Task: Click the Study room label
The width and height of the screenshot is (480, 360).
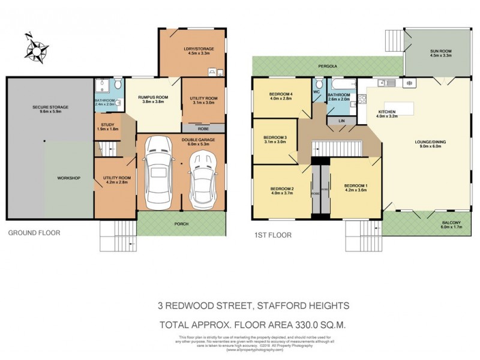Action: pyautogui.click(x=108, y=126)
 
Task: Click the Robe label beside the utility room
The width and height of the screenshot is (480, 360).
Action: pyautogui.click(x=203, y=128)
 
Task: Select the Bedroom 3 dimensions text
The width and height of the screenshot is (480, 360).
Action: pyautogui.click(x=275, y=142)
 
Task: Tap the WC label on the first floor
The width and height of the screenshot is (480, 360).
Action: pyautogui.click(x=316, y=92)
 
